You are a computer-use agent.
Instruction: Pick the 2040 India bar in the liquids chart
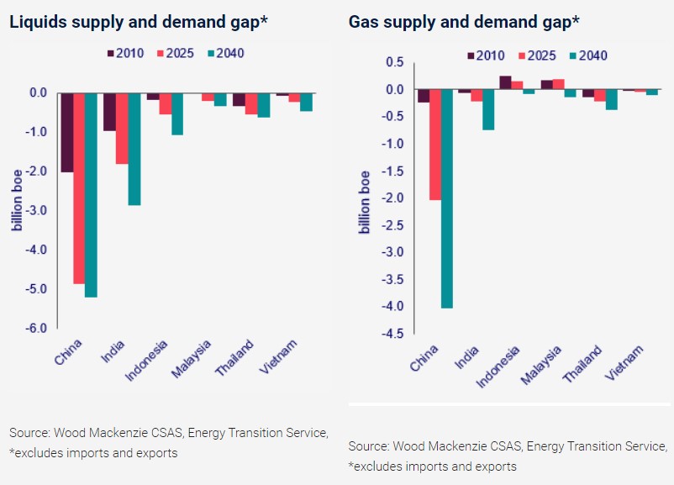tap(134, 149)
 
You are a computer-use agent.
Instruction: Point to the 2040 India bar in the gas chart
tap(487, 110)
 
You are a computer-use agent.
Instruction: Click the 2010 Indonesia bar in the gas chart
tap(505, 82)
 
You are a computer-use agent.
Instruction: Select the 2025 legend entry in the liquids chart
tap(175, 54)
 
